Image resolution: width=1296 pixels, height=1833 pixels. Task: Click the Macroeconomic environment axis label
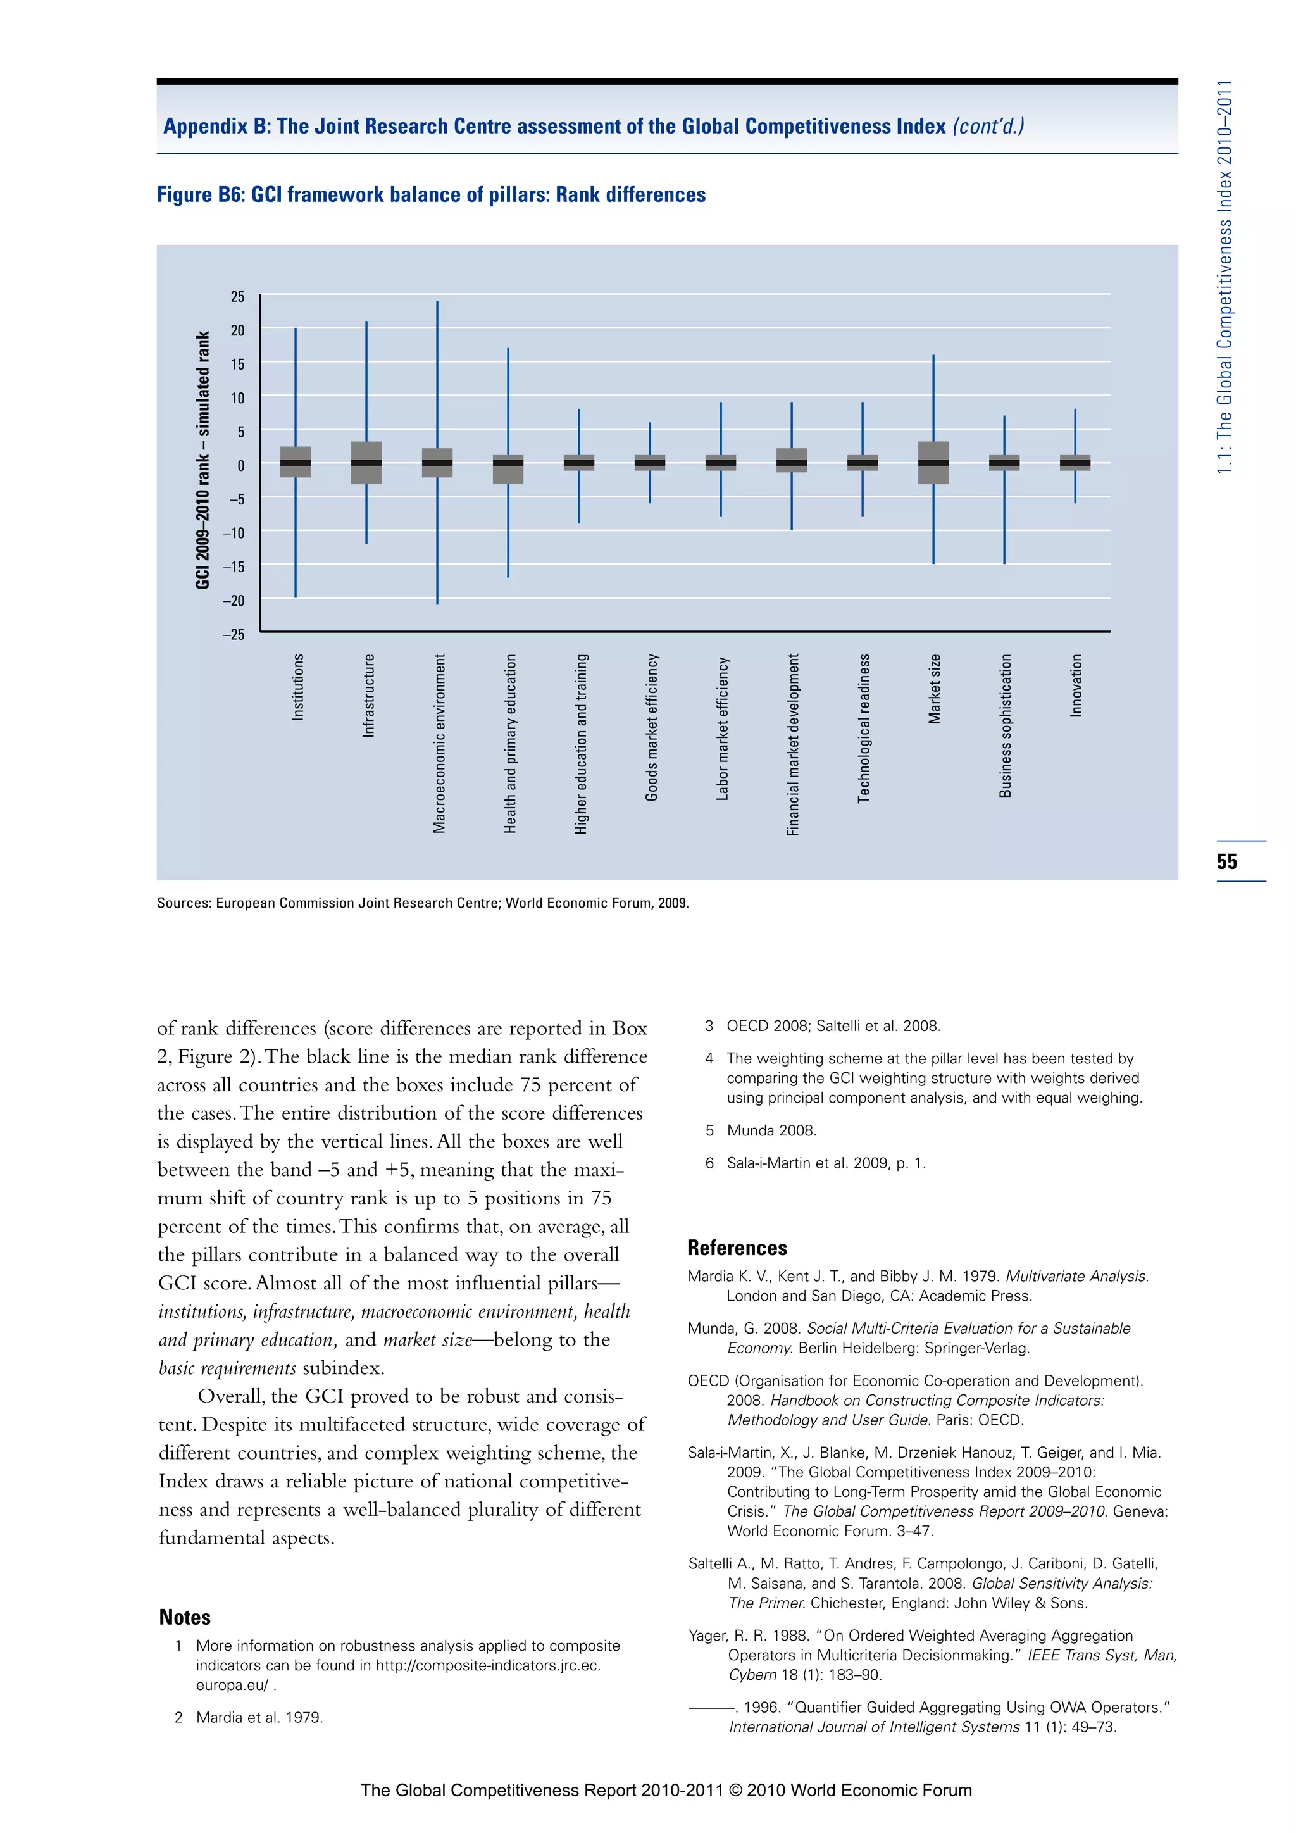[439, 743]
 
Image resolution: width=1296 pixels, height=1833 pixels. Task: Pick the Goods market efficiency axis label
[651, 727]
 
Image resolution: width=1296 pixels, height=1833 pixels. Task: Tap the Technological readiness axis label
[863, 728]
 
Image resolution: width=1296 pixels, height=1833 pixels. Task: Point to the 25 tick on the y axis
[237, 297]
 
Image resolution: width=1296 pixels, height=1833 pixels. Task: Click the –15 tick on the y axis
[234, 567]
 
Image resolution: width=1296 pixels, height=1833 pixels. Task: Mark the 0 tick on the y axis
[240, 465]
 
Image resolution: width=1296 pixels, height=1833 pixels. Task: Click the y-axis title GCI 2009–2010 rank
[202, 461]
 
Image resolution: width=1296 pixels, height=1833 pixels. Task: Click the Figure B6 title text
[431, 195]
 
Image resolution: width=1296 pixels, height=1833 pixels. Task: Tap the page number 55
[1226, 861]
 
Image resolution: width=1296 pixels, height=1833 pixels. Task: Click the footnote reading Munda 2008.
[771, 1130]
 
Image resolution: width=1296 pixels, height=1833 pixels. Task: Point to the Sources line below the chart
[422, 903]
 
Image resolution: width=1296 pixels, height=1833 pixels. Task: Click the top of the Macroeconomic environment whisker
[437, 303]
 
